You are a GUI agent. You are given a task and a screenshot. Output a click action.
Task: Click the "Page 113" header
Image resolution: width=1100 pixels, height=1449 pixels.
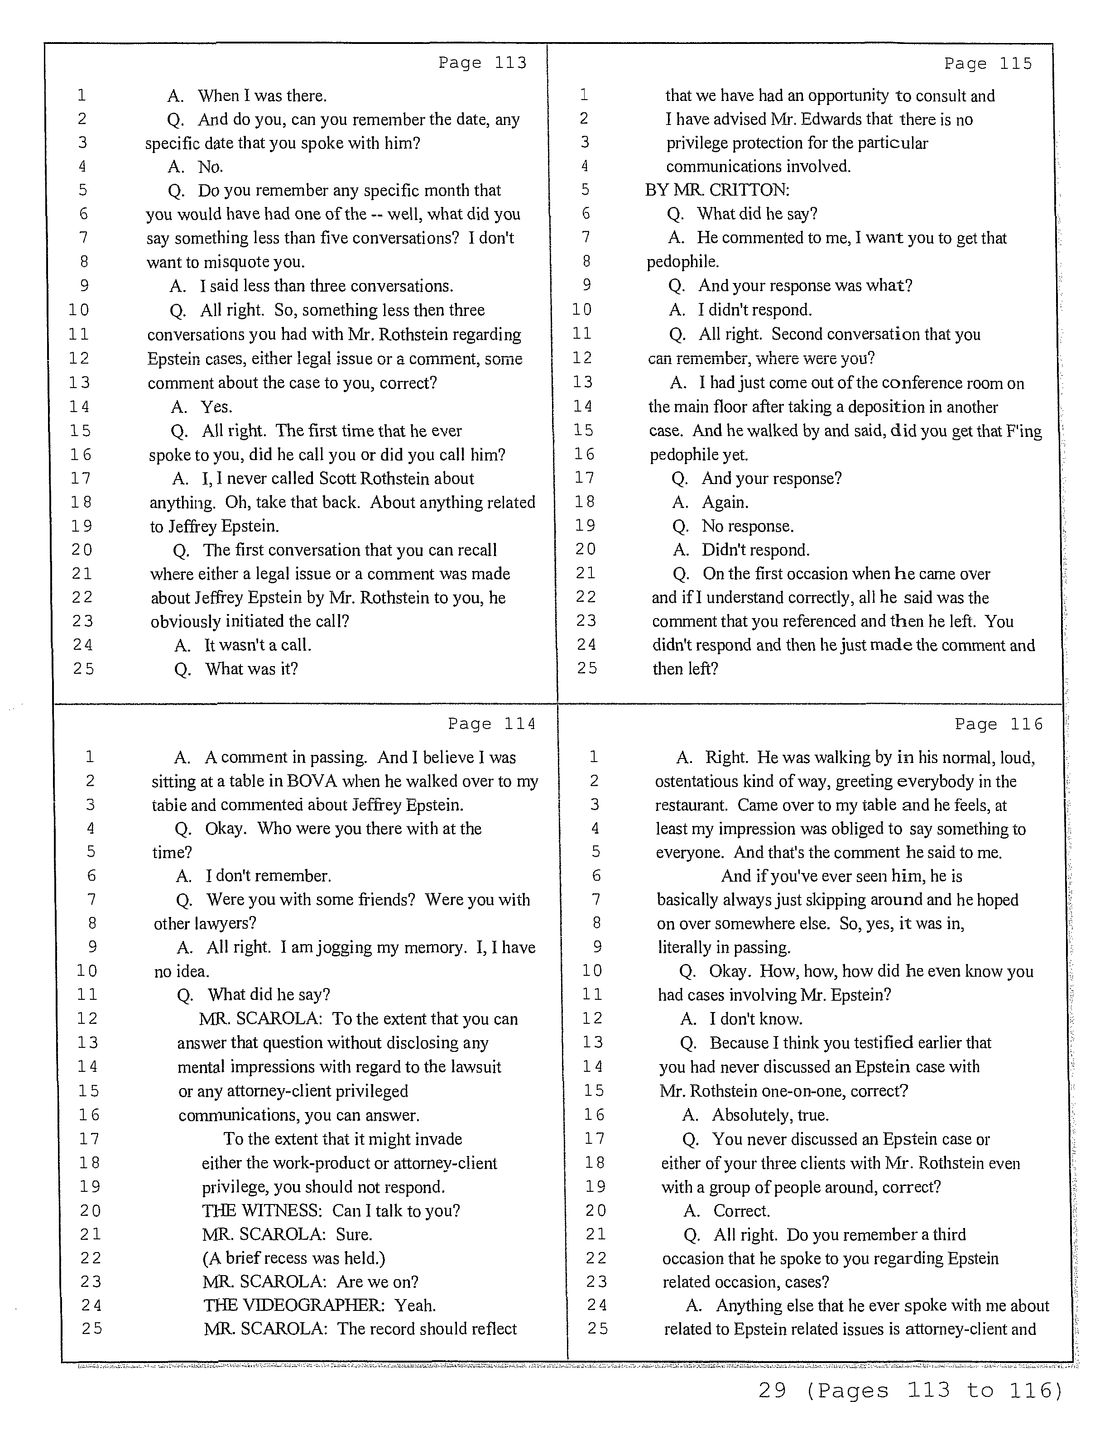[x=482, y=63]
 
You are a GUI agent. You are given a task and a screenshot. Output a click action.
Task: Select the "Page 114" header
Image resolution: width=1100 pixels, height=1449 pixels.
[x=491, y=724]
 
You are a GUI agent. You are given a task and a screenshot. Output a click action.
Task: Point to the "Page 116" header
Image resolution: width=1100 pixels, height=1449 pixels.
[x=998, y=724]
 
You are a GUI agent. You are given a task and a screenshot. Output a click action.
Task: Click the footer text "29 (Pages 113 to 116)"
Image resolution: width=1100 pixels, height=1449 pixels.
[x=909, y=1408]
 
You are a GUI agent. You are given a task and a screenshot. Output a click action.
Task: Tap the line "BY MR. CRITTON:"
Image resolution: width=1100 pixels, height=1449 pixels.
[x=717, y=191]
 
